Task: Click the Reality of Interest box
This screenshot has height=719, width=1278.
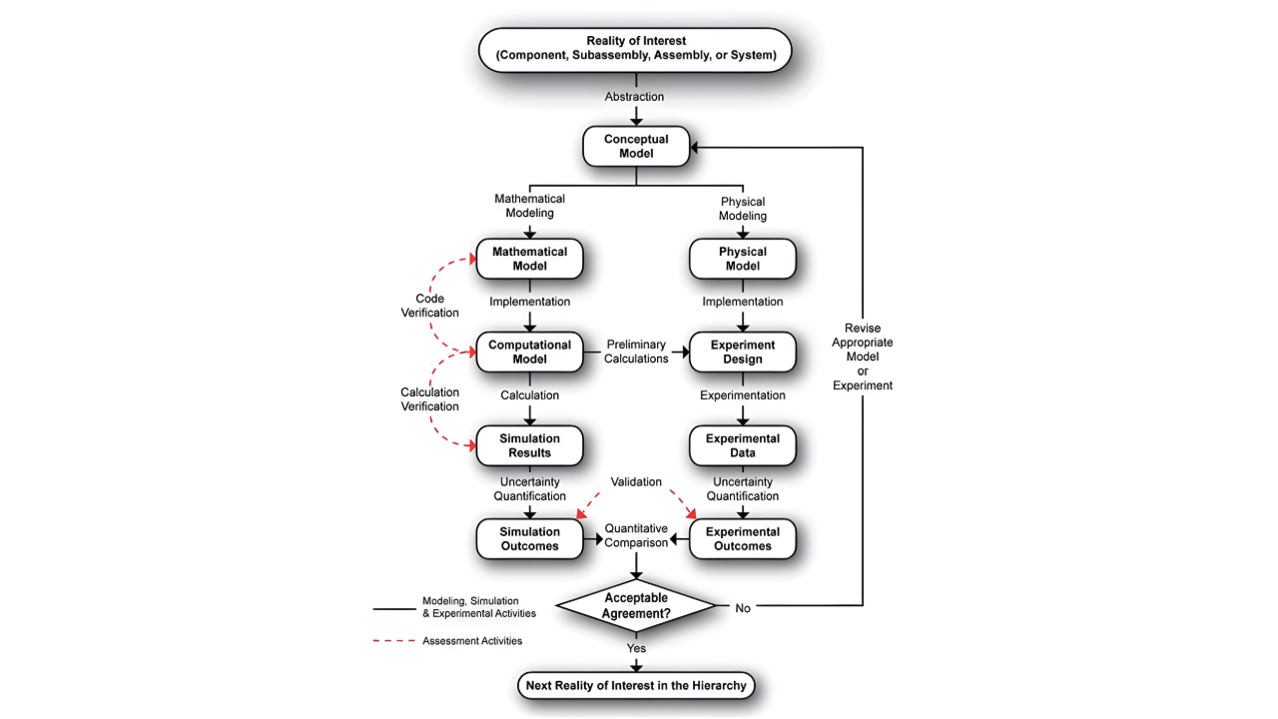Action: (x=635, y=48)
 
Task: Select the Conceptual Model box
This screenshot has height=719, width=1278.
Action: (x=636, y=147)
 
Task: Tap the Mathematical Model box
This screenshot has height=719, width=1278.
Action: (x=529, y=259)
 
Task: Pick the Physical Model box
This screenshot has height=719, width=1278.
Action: (x=743, y=259)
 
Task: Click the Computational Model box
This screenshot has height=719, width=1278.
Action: (x=529, y=353)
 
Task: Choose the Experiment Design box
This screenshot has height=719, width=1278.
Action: (x=743, y=353)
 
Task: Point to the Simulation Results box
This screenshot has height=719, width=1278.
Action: (x=529, y=445)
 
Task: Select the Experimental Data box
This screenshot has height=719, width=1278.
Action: (x=743, y=445)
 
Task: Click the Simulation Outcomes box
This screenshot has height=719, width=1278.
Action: (x=529, y=538)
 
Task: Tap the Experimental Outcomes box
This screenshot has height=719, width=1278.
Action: (x=743, y=538)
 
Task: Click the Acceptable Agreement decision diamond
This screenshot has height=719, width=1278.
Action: (x=636, y=605)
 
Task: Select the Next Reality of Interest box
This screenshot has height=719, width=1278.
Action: (x=636, y=686)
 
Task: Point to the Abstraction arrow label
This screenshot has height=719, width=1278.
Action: (x=634, y=97)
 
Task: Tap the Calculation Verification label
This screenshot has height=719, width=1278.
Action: (x=430, y=399)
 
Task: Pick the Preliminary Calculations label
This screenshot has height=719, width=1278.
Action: (x=636, y=352)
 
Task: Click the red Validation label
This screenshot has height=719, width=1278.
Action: (x=636, y=481)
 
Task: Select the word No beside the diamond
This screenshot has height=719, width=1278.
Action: (x=743, y=608)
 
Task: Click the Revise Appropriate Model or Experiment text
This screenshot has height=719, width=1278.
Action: (x=869, y=357)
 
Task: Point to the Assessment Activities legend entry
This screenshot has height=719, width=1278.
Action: (x=471, y=641)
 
